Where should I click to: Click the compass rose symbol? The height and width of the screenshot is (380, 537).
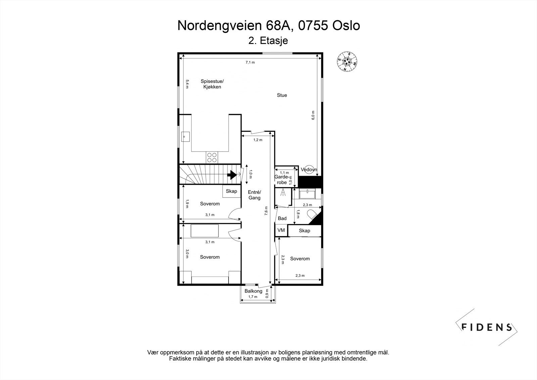click(347, 61)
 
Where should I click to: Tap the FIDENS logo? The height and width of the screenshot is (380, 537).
click(486, 327)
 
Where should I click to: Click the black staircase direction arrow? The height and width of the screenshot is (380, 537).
click(232, 175)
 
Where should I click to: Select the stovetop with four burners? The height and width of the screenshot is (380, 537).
click(212, 157)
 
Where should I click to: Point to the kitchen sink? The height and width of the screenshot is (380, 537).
click(185, 136)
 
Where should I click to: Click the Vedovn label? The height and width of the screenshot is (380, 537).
click(309, 170)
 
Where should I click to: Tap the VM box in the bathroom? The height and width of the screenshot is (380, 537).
click(281, 230)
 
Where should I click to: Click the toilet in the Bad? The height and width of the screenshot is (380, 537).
click(312, 214)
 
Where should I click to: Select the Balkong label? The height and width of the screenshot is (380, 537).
click(253, 291)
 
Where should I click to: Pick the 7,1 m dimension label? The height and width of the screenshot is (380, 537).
click(250, 62)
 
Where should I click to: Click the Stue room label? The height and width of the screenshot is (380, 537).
click(282, 95)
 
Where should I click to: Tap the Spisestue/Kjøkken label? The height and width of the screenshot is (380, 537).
click(212, 84)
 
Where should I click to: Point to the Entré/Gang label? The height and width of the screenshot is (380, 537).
click(254, 195)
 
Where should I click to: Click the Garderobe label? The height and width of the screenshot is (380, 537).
click(282, 179)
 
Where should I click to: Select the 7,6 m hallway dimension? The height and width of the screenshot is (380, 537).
click(266, 211)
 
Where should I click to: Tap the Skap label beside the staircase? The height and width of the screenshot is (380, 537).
click(231, 191)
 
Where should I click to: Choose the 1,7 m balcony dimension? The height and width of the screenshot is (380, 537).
click(253, 297)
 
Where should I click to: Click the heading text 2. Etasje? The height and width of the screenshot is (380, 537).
click(268, 41)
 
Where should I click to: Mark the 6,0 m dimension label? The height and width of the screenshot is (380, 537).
click(313, 115)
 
